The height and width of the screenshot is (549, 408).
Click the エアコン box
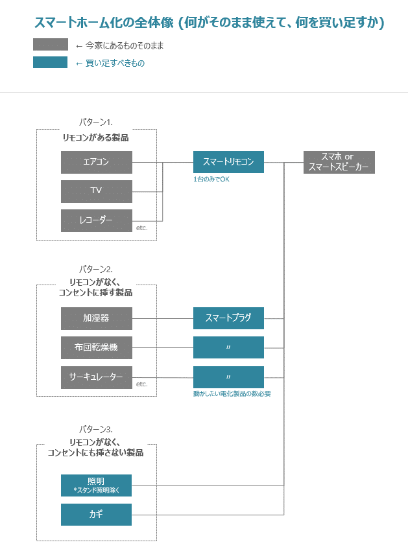(x=96, y=162)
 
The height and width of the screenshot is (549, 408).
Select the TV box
(x=96, y=191)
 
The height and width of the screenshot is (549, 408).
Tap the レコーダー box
(x=96, y=220)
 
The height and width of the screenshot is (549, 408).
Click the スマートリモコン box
(x=228, y=162)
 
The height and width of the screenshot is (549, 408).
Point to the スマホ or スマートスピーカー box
(x=339, y=162)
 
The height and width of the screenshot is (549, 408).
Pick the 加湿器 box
(x=96, y=318)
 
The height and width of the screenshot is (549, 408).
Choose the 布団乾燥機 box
(x=96, y=347)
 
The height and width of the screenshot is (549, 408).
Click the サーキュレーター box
(x=96, y=377)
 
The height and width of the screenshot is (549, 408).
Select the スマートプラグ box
(x=228, y=318)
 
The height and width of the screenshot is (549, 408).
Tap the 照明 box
(x=96, y=485)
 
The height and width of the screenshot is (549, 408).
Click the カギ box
(x=96, y=515)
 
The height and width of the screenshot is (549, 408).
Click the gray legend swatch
(x=51, y=45)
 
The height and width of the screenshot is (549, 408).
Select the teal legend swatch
(x=51, y=62)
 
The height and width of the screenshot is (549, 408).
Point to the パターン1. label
(x=96, y=121)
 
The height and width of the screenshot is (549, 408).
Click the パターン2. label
(x=96, y=268)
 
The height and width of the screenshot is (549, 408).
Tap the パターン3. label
(x=96, y=429)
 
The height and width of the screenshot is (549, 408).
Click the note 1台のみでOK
(x=211, y=179)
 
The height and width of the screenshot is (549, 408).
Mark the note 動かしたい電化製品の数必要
(x=232, y=393)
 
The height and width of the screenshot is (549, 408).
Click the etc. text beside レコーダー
(x=142, y=228)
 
